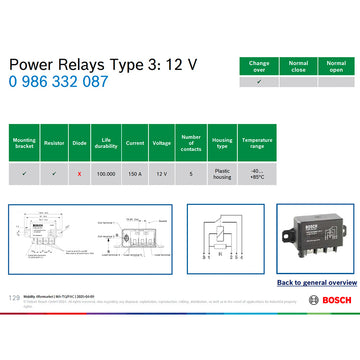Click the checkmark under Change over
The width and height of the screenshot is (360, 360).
[259, 82]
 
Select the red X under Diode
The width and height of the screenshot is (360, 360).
[80, 173]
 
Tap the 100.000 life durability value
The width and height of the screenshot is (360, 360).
[105, 173]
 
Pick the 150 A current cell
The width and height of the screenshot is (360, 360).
[135, 173]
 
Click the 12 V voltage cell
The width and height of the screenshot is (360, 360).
[161, 173]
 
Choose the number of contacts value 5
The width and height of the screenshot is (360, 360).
[191, 173]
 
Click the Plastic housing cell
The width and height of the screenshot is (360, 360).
[222, 173]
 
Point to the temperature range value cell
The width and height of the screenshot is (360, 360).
[257, 173]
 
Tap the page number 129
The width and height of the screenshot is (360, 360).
[14, 297]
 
